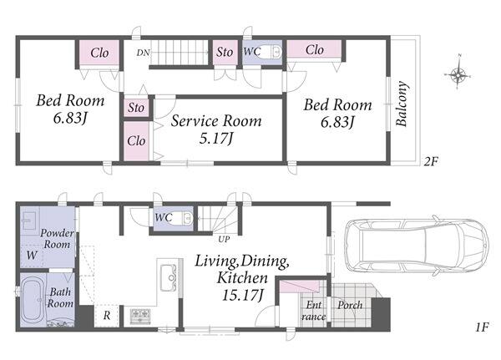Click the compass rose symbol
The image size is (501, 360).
[x=458, y=74]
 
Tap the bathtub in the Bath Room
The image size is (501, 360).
[x=33, y=300]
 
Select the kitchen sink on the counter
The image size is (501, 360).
[x=168, y=277]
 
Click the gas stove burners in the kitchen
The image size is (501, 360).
[x=140, y=316]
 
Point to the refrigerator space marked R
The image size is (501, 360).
[x=107, y=316]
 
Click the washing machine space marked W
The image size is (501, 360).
[x=32, y=256]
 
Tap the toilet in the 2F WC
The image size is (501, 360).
[x=276, y=52]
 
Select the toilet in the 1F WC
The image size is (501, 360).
[x=187, y=218]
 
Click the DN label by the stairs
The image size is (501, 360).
[x=143, y=53]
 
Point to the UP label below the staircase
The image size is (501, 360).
[x=224, y=239]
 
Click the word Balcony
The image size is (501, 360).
[x=402, y=104]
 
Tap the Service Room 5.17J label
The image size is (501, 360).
[x=216, y=129]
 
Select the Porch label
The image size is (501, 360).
[x=350, y=306]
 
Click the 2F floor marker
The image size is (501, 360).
[x=430, y=162]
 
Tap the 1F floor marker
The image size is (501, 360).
[x=482, y=327]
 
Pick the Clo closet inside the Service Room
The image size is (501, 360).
[x=136, y=140]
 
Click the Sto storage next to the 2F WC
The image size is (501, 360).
[x=225, y=52]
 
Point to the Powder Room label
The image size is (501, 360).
[x=57, y=239]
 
